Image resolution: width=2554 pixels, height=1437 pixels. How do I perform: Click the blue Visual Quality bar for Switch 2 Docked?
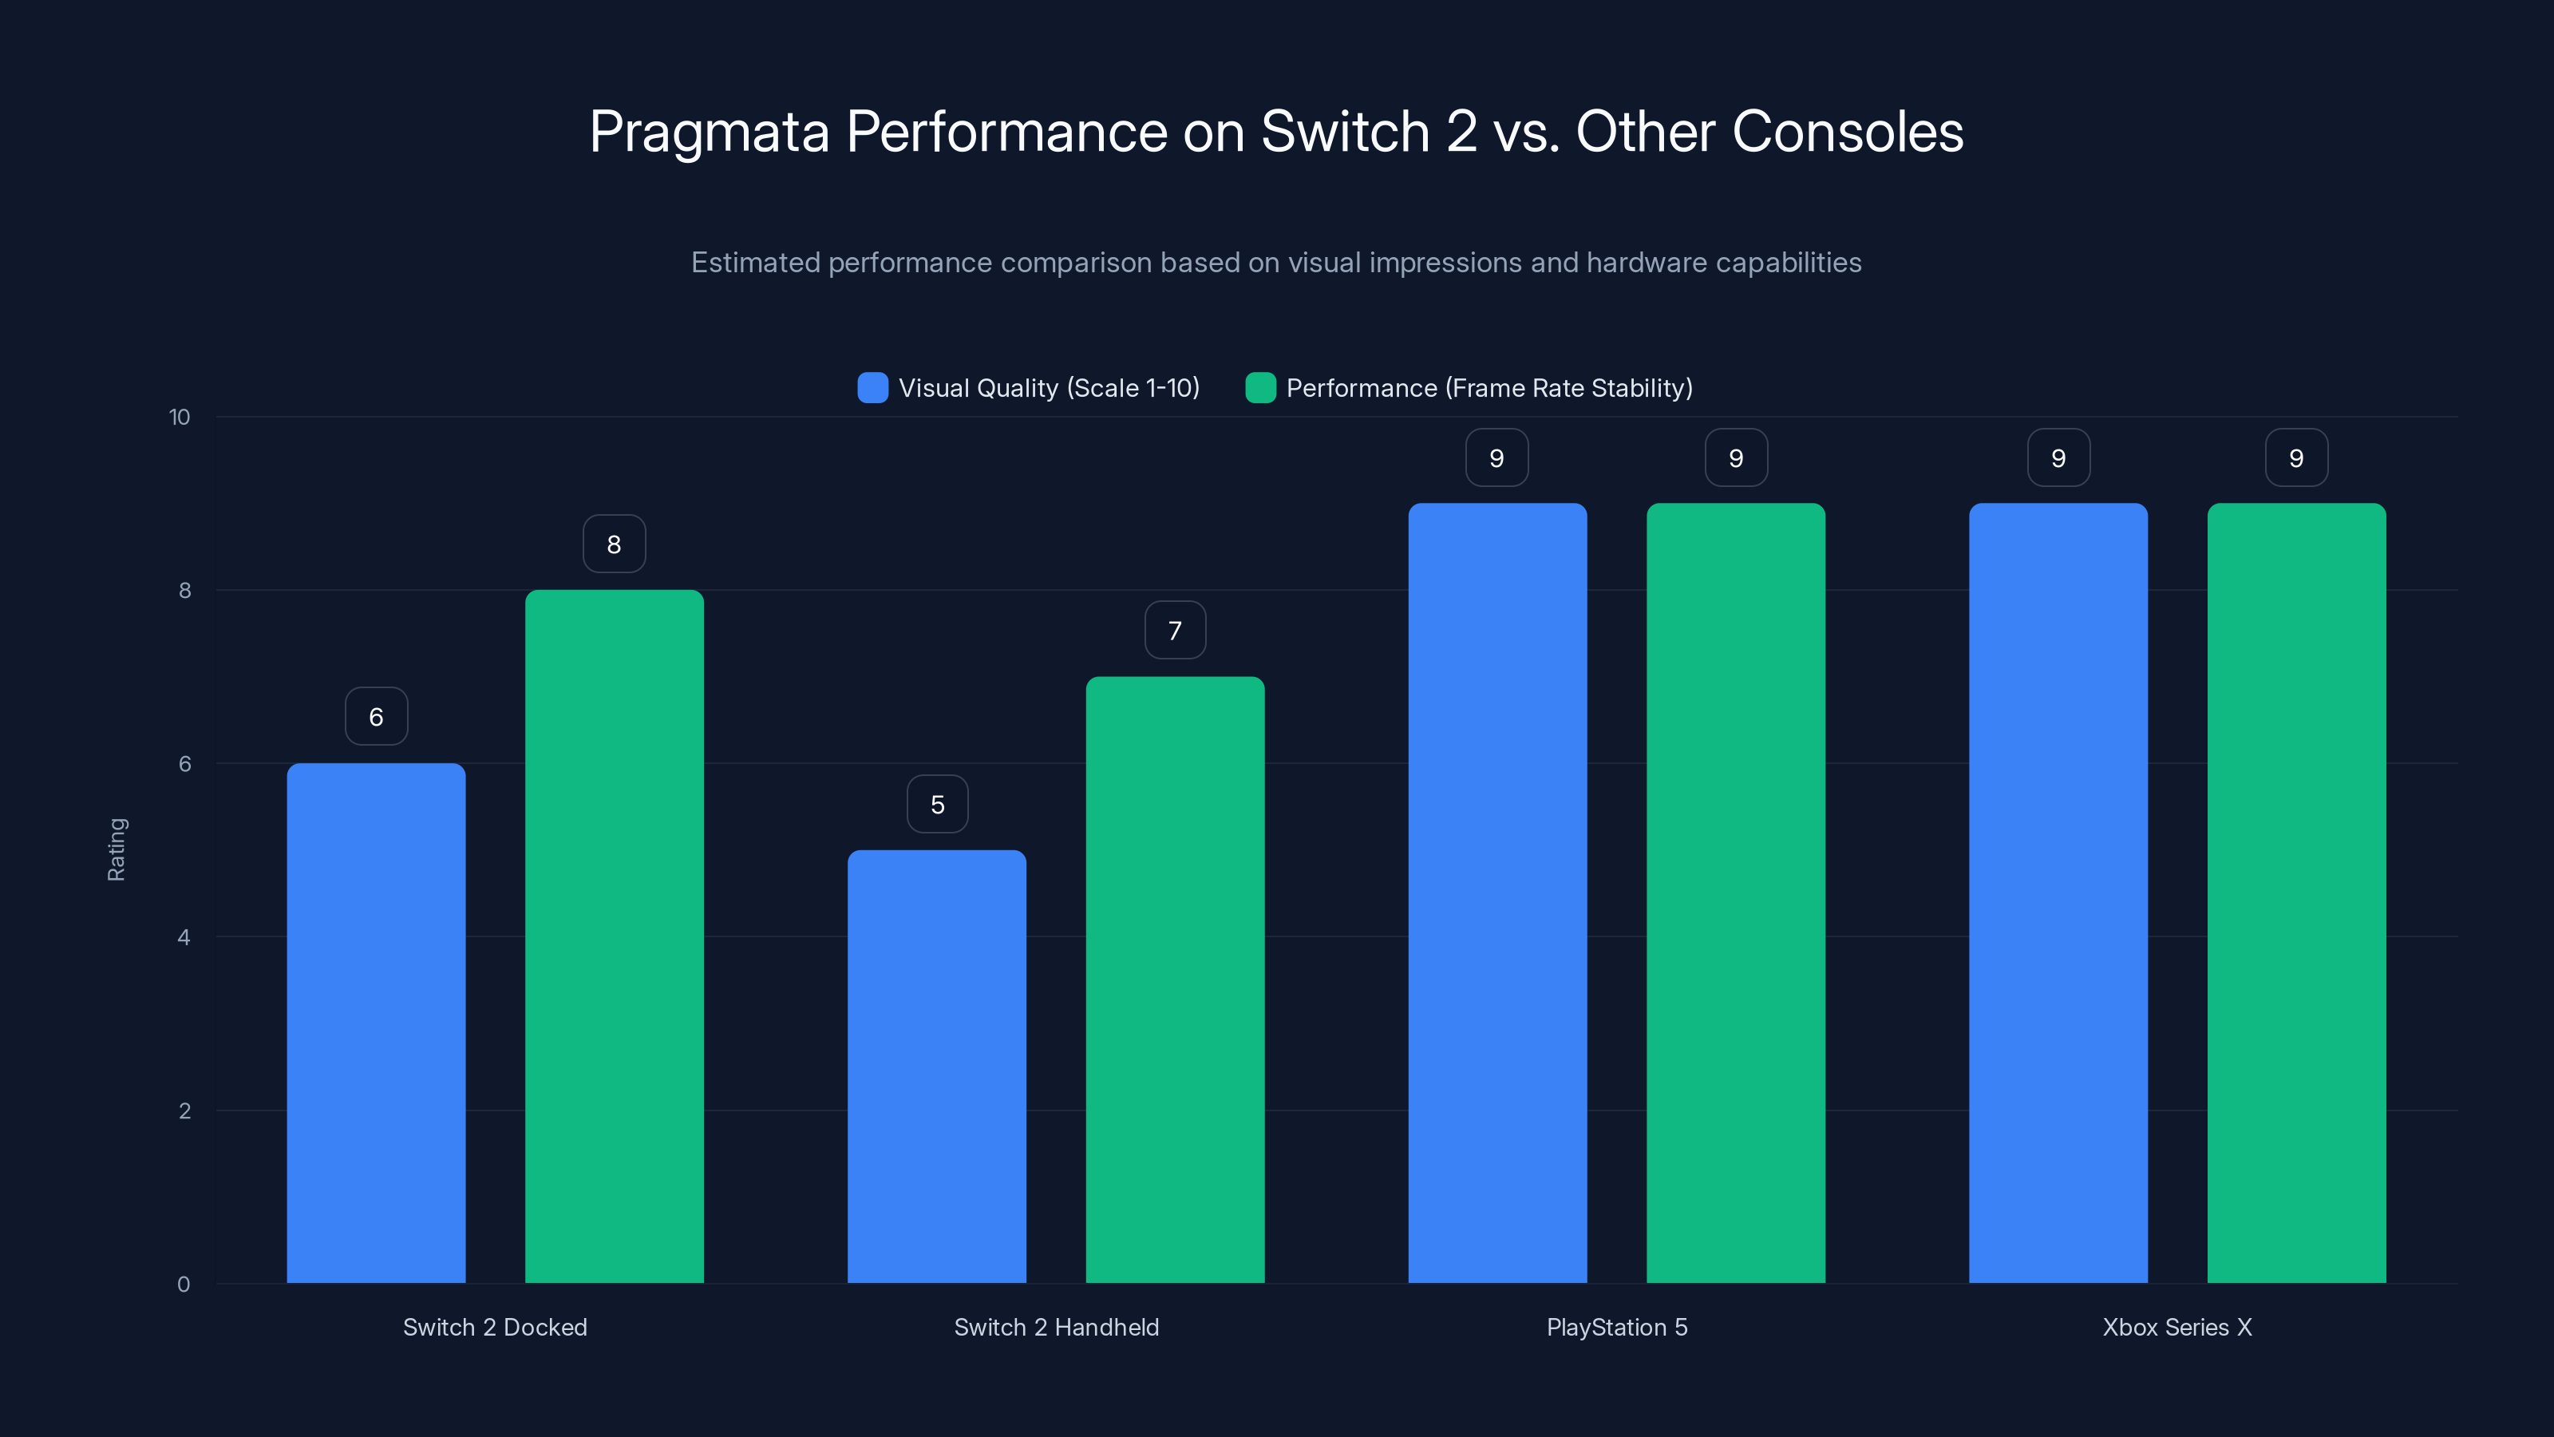[376, 1022]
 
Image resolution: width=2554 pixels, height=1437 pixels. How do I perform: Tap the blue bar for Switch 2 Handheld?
[936, 1066]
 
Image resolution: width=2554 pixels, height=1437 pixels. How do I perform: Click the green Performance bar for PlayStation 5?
[1735, 893]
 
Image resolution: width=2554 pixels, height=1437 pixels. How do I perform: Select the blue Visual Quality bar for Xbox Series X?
[2058, 893]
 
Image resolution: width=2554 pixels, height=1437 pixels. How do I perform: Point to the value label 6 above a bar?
[376, 717]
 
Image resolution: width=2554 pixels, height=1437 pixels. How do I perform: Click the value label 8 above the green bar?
[614, 544]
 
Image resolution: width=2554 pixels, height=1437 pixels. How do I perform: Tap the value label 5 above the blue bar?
[937, 804]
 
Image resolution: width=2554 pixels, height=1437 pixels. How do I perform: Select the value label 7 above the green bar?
[1175, 631]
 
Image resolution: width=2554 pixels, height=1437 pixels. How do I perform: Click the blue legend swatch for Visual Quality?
[872, 388]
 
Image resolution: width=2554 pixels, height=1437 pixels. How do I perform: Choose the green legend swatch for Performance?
[1260, 388]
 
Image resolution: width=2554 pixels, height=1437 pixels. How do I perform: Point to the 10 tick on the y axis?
[180, 418]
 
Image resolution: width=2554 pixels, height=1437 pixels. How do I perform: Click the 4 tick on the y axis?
[184, 937]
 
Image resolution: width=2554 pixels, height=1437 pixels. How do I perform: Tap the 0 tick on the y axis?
[184, 1285]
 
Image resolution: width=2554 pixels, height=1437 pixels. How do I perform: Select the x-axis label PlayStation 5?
[1616, 1327]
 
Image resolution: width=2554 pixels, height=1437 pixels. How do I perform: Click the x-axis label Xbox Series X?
[2177, 1327]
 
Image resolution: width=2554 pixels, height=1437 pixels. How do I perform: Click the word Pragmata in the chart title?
[709, 132]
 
